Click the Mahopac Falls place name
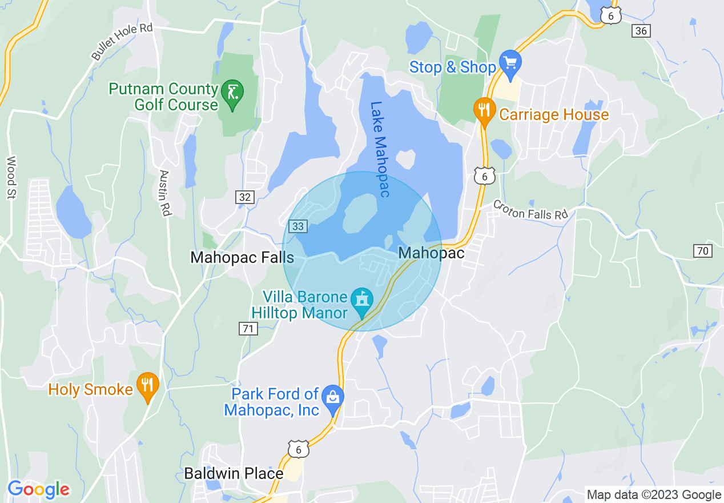coord(242,257)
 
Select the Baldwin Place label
coord(234,474)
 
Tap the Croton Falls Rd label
coord(530,209)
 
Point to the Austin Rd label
coord(165,193)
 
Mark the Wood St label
coord(11,178)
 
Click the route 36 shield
coord(641,31)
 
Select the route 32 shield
coord(245,197)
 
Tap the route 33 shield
coord(298,226)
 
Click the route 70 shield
coord(703,250)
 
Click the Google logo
coord(38,489)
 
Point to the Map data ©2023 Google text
coord(654,495)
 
